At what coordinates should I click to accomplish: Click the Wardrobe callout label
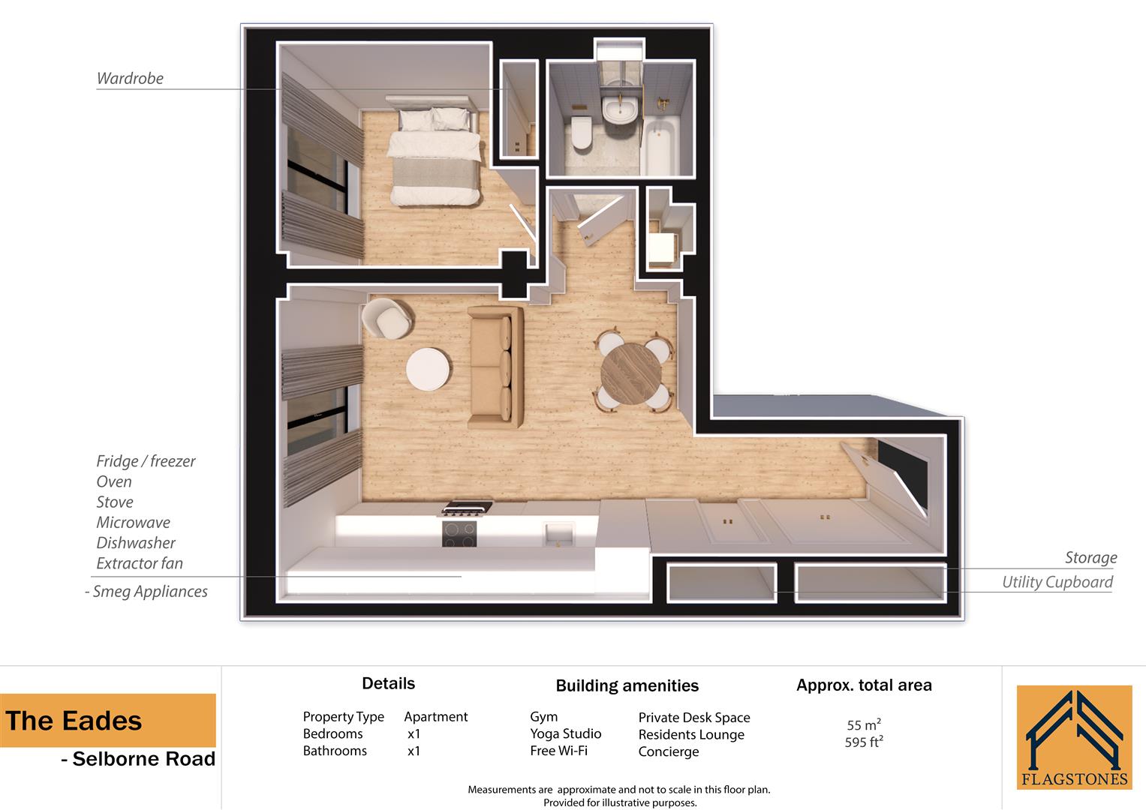[x=130, y=78]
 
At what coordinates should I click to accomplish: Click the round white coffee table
[x=429, y=369]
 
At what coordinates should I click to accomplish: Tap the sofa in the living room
[x=495, y=366]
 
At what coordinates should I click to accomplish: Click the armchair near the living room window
[x=388, y=318]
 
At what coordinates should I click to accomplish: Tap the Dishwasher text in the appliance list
[x=136, y=542]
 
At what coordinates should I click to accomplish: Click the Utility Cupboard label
[x=1057, y=582]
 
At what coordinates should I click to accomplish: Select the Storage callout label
[x=1090, y=557]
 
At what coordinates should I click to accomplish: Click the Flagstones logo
[x=1074, y=737]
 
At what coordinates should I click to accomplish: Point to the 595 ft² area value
[x=863, y=742]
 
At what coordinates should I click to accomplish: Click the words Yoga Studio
[x=565, y=733]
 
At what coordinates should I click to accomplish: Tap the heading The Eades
[x=74, y=721]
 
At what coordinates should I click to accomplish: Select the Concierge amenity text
[x=668, y=751]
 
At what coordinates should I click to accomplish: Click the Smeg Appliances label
[x=149, y=591]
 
